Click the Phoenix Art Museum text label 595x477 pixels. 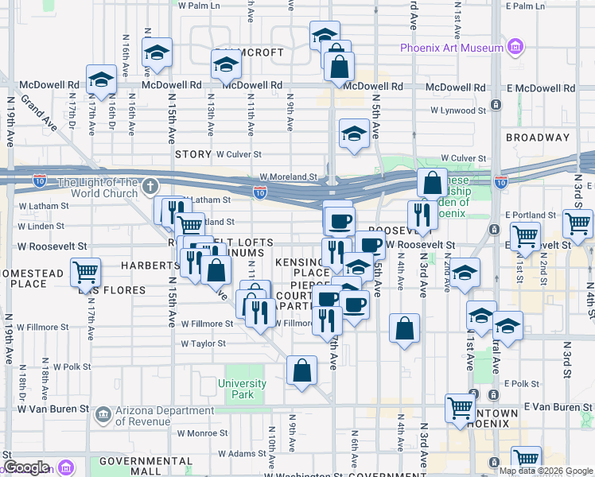point(452,48)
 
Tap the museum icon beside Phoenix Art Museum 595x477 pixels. point(515,47)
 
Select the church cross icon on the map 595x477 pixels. point(151,188)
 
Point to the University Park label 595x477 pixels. point(242,389)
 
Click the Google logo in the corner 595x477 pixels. point(26,467)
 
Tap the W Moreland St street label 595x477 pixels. point(288,178)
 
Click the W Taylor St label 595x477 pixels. point(203,344)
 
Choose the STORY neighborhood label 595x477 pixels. point(193,155)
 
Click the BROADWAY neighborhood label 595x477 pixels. point(538,138)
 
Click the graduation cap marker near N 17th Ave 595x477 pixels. point(101,79)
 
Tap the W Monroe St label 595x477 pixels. point(201,433)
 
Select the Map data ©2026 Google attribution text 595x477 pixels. point(546,471)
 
